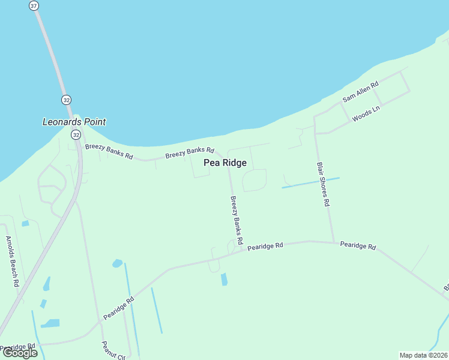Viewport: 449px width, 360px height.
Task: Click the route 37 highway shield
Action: coord(34,5)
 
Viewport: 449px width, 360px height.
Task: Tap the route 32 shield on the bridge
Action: coord(65,99)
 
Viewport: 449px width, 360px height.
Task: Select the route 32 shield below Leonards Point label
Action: coord(76,135)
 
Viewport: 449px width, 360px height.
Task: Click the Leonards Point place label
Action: coord(74,122)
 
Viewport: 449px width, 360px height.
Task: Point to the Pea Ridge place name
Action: coord(225,163)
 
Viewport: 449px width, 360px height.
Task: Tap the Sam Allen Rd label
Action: coord(360,92)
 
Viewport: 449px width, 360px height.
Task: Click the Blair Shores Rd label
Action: coord(323,184)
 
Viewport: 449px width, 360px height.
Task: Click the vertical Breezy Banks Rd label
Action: coord(237,220)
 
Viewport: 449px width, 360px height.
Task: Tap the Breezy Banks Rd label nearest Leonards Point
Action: coord(109,151)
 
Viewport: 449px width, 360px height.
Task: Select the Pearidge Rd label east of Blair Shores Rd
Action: coord(358,246)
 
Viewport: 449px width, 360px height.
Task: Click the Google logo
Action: coord(20,352)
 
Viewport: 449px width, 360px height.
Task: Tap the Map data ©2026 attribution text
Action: coord(423,355)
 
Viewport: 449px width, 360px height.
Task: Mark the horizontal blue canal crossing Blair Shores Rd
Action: coord(310,183)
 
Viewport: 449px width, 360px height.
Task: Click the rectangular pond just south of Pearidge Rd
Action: coord(224,279)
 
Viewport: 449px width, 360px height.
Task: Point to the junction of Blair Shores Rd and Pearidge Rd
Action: coord(334,242)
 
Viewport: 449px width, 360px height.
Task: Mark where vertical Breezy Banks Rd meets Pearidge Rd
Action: coord(244,250)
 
